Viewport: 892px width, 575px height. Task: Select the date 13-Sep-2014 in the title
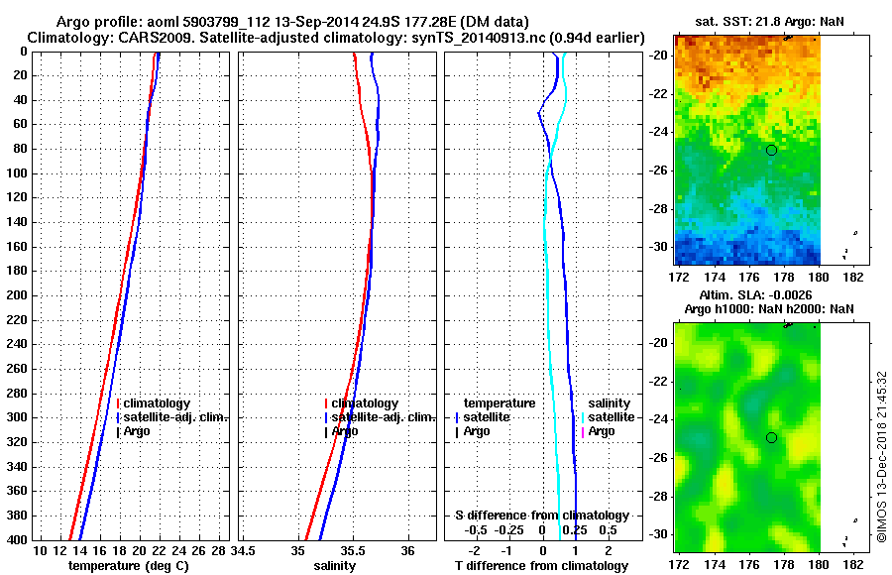pos(304,22)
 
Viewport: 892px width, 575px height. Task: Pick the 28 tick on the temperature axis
pos(219,550)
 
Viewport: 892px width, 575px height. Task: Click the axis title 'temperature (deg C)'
pos(128,565)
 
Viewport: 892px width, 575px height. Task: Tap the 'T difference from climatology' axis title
pos(541,565)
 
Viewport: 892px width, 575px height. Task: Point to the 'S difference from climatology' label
pos(541,516)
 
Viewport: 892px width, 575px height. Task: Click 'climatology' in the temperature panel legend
pos(157,403)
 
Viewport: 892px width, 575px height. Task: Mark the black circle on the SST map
pos(771,150)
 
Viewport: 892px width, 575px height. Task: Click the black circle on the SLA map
pos(771,437)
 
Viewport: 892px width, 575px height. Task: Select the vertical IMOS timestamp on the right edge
pos(881,457)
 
